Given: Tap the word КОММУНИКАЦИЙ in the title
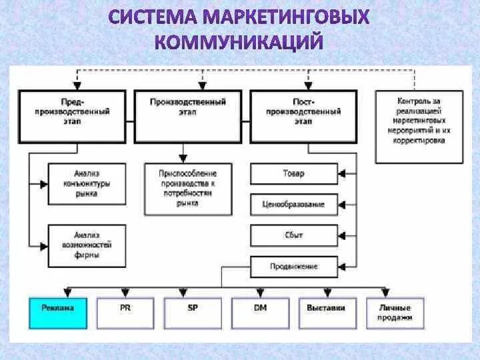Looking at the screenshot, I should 239,43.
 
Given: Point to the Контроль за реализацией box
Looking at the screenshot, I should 417,126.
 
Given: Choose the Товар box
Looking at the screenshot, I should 293,174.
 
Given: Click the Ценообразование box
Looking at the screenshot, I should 293,205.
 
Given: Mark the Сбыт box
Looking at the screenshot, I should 293,235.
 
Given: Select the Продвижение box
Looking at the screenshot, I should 293,266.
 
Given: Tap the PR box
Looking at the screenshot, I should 125,312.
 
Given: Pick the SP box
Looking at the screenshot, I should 192,312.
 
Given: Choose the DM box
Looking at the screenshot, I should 260,312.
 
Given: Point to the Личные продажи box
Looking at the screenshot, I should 395,312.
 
